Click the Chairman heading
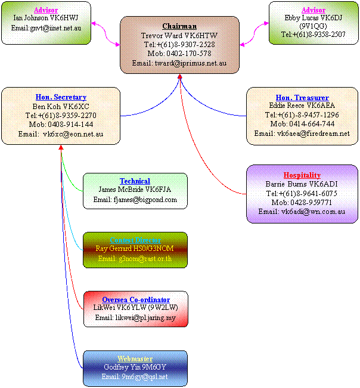point(179,26)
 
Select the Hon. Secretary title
point(61,97)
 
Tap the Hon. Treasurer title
point(302,97)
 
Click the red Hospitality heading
point(302,175)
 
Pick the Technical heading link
point(135,181)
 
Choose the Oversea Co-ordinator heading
point(135,299)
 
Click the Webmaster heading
point(135,359)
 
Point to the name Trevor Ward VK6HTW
point(179,36)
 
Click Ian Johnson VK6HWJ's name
point(46,18)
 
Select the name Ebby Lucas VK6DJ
point(313,18)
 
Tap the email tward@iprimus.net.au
point(179,63)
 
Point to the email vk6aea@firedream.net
point(302,134)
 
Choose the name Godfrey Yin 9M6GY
point(135,368)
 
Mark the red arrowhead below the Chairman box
point(180,78)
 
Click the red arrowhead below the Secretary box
point(61,148)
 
